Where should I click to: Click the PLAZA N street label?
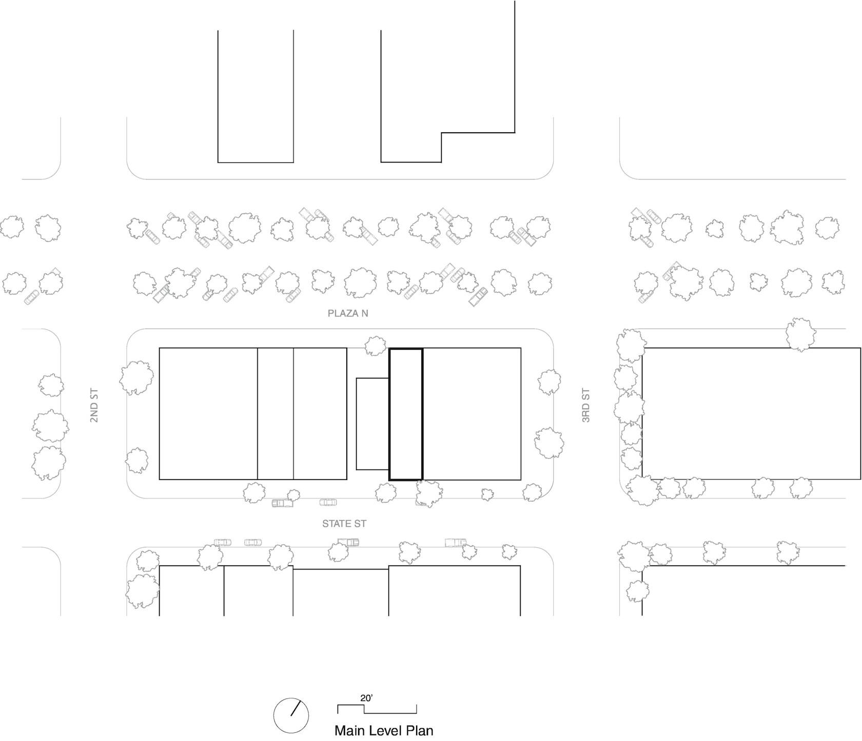click(x=348, y=313)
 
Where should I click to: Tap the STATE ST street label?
click(x=344, y=524)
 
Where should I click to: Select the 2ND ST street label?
click(x=94, y=406)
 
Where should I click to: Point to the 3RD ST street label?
click(x=586, y=406)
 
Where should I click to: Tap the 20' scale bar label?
click(x=366, y=698)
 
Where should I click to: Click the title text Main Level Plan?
click(x=384, y=730)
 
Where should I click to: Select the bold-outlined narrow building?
click(x=406, y=349)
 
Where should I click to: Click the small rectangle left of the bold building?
click(x=357, y=424)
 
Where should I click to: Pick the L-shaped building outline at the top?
click(x=515, y=67)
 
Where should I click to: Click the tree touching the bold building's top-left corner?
click(x=376, y=346)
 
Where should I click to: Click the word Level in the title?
click(x=386, y=730)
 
